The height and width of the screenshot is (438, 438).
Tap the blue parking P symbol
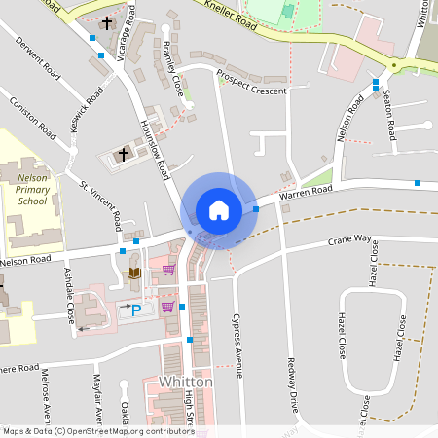tap(136, 310)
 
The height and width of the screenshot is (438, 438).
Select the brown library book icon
tap(134, 274)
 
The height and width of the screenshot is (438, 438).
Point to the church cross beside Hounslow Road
tap(124, 153)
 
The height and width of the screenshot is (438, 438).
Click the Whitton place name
tap(186, 383)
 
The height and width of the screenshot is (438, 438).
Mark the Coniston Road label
tap(33, 116)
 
